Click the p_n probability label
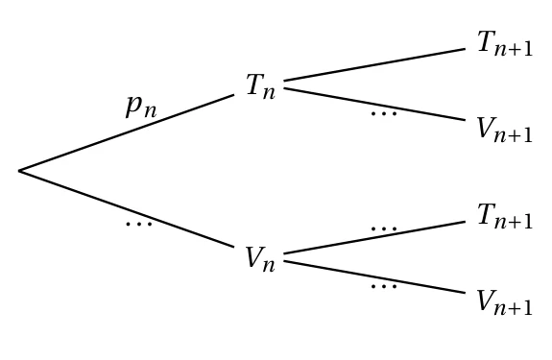coord(141,107)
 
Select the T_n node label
coord(260,86)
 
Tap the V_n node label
coord(260,258)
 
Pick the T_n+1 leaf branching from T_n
coord(505,43)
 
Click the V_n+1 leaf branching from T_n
coord(504,130)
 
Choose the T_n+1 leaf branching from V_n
coord(505,216)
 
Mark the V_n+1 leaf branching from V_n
coord(504,302)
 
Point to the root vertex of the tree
coord(19,171)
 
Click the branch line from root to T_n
coord(127,132)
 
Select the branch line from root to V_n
coord(127,209)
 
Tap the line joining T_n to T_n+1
coord(374,64)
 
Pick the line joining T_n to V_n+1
coord(374,105)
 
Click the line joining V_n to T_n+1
coord(374,237)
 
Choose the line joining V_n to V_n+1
coord(374,276)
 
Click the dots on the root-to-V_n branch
coord(139,224)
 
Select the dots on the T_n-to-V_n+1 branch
coord(384,113)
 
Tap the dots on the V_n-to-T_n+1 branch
coord(384,228)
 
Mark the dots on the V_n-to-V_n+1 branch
coord(384,286)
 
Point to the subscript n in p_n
coord(149,111)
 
